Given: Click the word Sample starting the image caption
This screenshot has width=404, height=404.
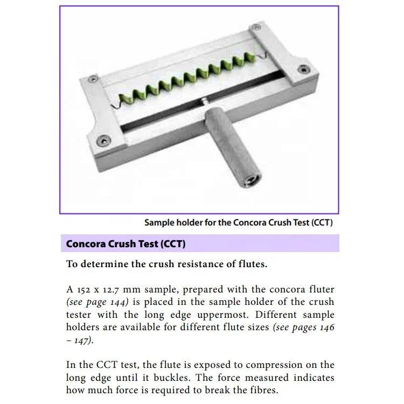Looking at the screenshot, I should point(159,222).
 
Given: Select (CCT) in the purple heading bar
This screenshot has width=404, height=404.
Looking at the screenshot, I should point(173,243).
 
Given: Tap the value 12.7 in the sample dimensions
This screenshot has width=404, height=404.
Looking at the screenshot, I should point(118,289).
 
